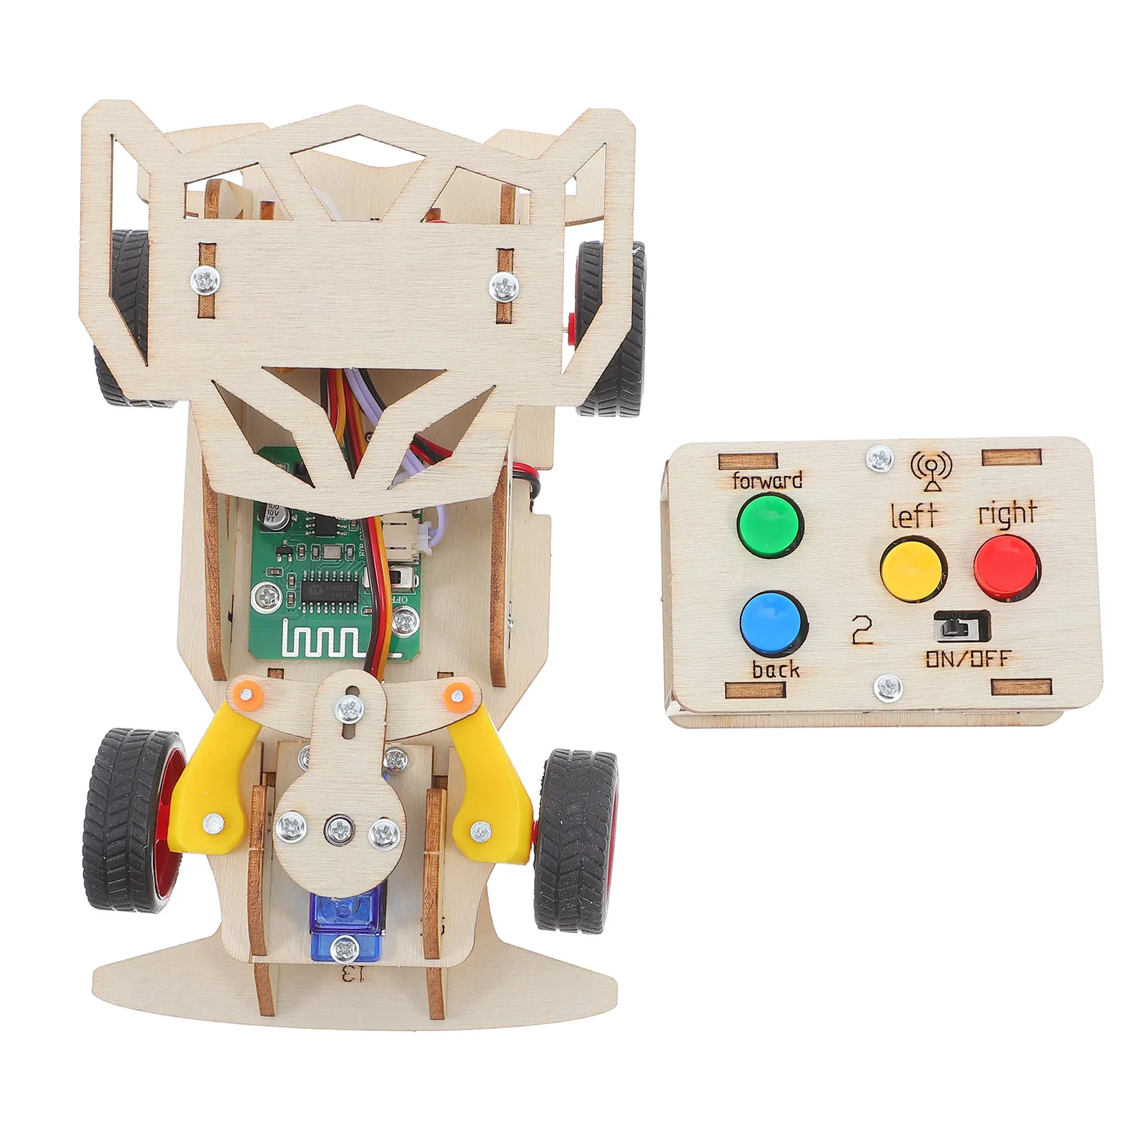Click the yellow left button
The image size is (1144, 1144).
912,568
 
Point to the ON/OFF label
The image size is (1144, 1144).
968,659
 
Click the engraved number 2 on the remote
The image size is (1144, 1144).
862,630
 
